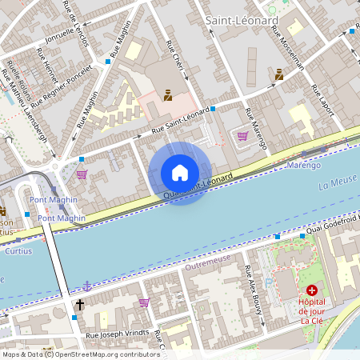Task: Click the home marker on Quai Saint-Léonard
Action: point(180,173)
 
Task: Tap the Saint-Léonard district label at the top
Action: point(241,19)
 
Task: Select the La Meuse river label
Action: point(335,185)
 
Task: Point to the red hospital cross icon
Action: point(311,290)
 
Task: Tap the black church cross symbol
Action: point(80,304)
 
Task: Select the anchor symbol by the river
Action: point(86,286)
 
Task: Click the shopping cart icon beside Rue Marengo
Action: point(242,136)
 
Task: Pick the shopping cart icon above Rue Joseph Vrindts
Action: point(144,302)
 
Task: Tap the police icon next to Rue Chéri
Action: point(168,95)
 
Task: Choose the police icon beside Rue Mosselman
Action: point(279,74)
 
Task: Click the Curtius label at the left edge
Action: point(7,232)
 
